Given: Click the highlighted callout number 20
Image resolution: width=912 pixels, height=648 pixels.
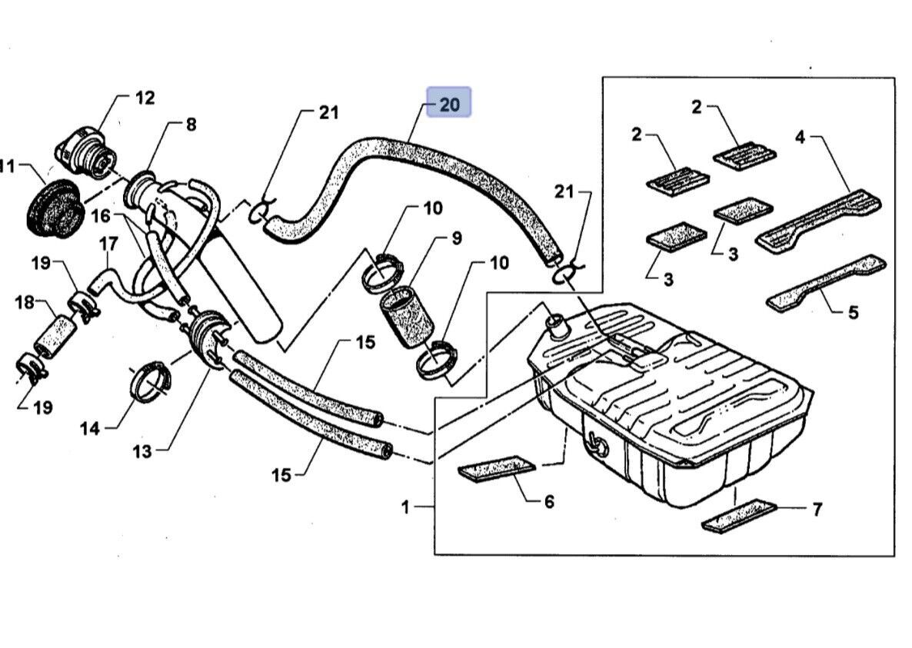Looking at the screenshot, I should pos(449,104).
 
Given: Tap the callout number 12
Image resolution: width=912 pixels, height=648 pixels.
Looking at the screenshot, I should pos(145,98).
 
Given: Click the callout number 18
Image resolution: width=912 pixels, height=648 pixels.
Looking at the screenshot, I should pos(25,302).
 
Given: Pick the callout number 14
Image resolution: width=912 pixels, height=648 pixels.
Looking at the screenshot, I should pos(90,427).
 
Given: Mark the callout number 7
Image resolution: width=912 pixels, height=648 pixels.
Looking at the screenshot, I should pos(817,509).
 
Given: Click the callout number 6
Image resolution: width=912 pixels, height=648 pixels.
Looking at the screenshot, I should pos(549,502).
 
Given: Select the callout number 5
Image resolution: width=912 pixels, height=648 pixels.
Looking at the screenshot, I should pos(854,312).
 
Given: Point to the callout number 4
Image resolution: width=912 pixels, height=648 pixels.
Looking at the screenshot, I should pos(800,138).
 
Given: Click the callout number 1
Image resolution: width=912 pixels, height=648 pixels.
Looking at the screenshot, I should pos(406,507).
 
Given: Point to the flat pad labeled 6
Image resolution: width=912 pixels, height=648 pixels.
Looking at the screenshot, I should pos(496,470).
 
